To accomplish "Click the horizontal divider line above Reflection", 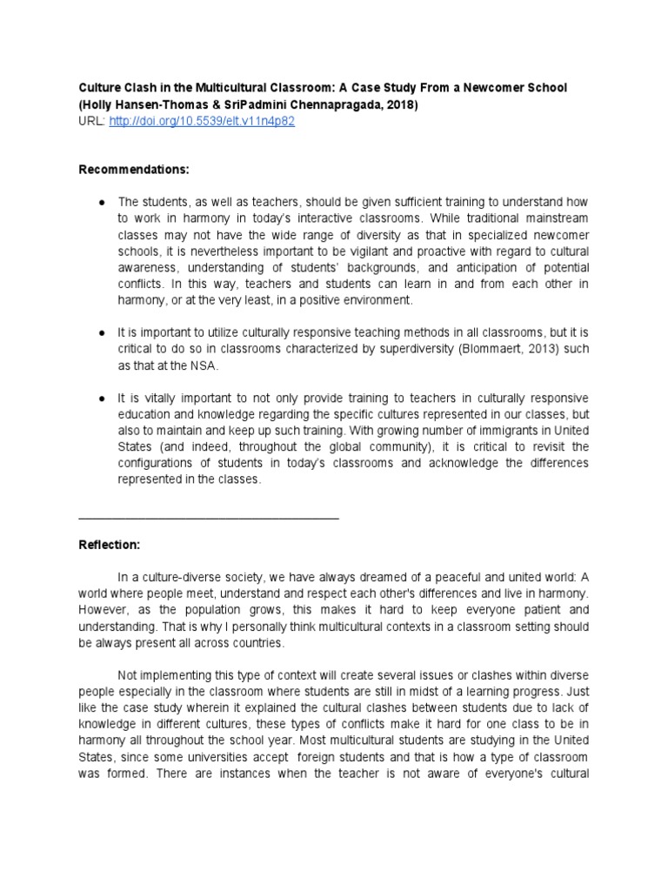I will [x=209, y=519].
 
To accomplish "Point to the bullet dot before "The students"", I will [x=103, y=202].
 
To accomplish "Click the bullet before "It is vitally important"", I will [x=103, y=397].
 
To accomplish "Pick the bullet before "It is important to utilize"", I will [x=103, y=332].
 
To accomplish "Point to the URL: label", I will [x=91, y=122].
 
